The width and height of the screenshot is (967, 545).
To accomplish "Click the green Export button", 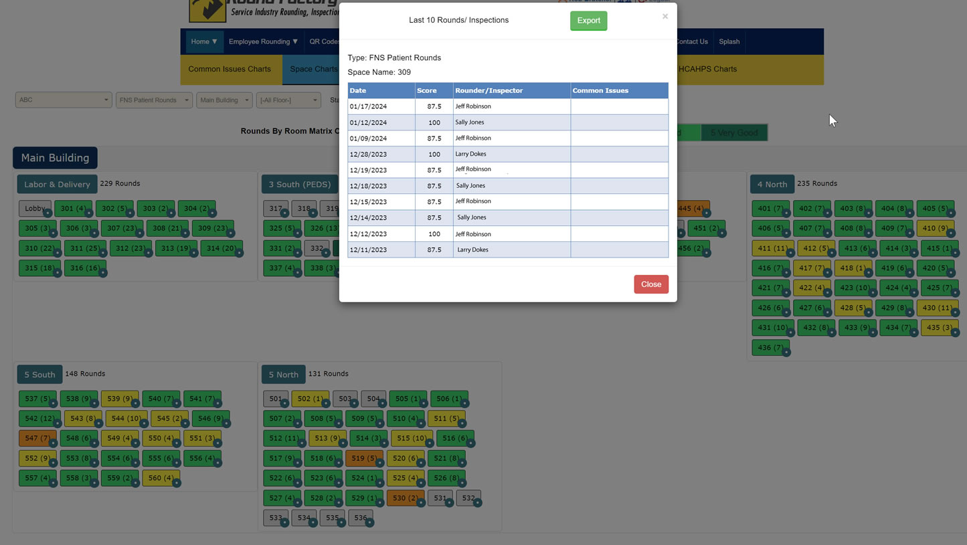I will (x=588, y=21).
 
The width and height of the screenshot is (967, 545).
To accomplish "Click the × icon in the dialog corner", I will (x=665, y=17).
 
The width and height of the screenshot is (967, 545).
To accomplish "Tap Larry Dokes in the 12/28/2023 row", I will (x=470, y=154).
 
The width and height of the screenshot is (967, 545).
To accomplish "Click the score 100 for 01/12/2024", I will (x=434, y=122).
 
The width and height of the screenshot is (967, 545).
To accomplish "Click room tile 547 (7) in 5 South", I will (x=37, y=439).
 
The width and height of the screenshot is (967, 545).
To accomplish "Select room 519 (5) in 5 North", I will (x=363, y=459).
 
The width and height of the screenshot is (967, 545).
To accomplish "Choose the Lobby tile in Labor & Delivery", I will (x=34, y=209).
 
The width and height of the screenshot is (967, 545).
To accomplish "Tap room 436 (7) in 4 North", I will (x=770, y=348).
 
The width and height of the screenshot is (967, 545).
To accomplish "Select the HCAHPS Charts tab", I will (x=707, y=69).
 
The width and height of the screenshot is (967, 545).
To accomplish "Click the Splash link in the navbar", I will (x=729, y=41).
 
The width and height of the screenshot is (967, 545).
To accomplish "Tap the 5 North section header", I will (x=283, y=374).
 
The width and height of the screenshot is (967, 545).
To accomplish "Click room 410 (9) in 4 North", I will (x=934, y=228).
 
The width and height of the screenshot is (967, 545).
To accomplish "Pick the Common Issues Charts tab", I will (x=230, y=69).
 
